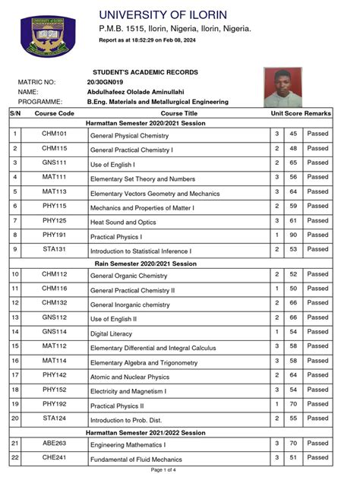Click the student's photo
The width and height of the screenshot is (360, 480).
[x=283, y=87]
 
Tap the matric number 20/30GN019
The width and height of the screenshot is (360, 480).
[x=105, y=81]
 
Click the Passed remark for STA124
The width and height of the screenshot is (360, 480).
[x=317, y=418]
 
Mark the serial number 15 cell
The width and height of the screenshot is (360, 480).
[x=15, y=346]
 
